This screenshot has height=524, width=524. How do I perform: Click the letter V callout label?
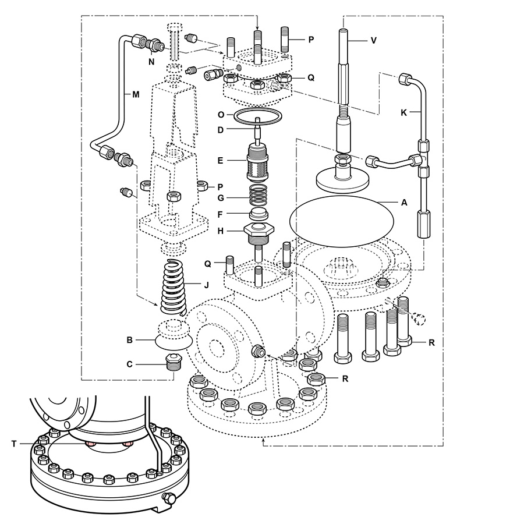(374, 40)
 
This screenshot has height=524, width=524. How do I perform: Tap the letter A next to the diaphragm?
(404, 203)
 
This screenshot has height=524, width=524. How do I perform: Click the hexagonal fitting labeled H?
(259, 232)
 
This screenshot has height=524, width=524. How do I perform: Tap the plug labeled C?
(173, 362)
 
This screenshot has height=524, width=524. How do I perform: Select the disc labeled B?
(174, 335)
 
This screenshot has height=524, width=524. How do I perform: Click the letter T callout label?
(14, 444)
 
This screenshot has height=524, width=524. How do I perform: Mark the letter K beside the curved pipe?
(403, 112)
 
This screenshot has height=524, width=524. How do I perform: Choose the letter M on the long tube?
(136, 94)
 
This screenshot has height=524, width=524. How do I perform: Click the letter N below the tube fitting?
(151, 62)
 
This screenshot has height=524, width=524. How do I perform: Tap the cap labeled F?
(259, 213)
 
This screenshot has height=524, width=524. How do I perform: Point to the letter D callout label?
(220, 130)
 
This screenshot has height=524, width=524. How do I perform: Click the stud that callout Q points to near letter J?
(229, 265)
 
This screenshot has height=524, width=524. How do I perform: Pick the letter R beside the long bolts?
(431, 342)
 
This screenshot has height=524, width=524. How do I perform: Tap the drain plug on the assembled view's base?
(168, 498)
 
